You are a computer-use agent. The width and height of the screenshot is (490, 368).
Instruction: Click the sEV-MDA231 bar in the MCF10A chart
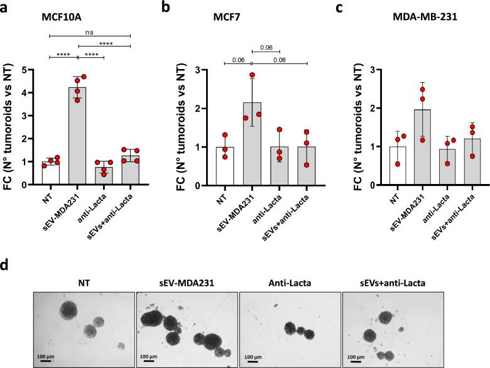tap(78, 138)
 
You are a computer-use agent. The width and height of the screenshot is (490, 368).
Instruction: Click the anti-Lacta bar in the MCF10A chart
tap(104, 176)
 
